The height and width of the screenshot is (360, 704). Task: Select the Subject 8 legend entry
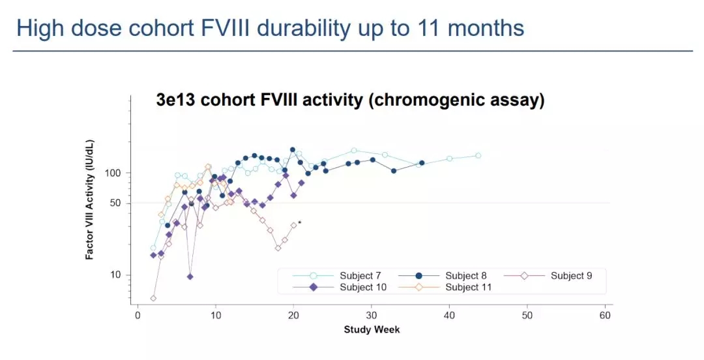[x=465, y=276]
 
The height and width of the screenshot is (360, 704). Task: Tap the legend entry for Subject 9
[x=571, y=276]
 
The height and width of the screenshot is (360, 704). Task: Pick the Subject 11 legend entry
[x=468, y=287]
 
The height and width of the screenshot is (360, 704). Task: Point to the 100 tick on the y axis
[x=122, y=173]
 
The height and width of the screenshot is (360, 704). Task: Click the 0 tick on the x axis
[x=138, y=316]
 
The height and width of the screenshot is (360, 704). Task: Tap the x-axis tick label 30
[x=372, y=316]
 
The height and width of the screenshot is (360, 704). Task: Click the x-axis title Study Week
[x=372, y=329]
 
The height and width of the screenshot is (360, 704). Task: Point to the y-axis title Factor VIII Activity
[x=90, y=200]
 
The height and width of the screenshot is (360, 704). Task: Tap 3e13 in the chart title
[x=175, y=100]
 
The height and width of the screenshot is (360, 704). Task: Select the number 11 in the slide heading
[x=423, y=29]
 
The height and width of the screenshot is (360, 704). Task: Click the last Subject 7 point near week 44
[x=478, y=155]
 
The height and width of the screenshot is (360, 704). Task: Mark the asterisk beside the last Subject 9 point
[x=300, y=223]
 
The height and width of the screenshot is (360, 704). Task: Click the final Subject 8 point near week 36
[x=422, y=163]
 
